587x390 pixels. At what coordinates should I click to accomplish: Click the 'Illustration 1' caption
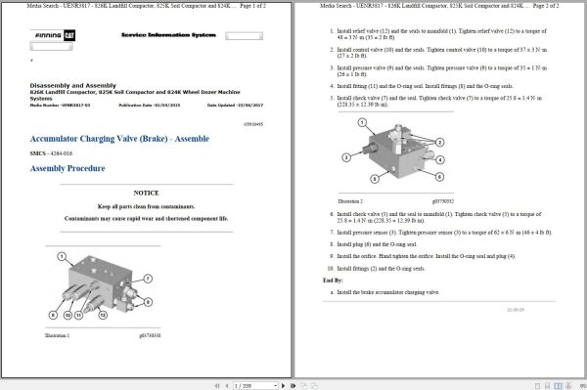(59, 335)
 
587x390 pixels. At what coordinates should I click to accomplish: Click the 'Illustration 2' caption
(349, 199)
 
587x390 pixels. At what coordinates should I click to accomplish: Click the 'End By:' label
(333, 280)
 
